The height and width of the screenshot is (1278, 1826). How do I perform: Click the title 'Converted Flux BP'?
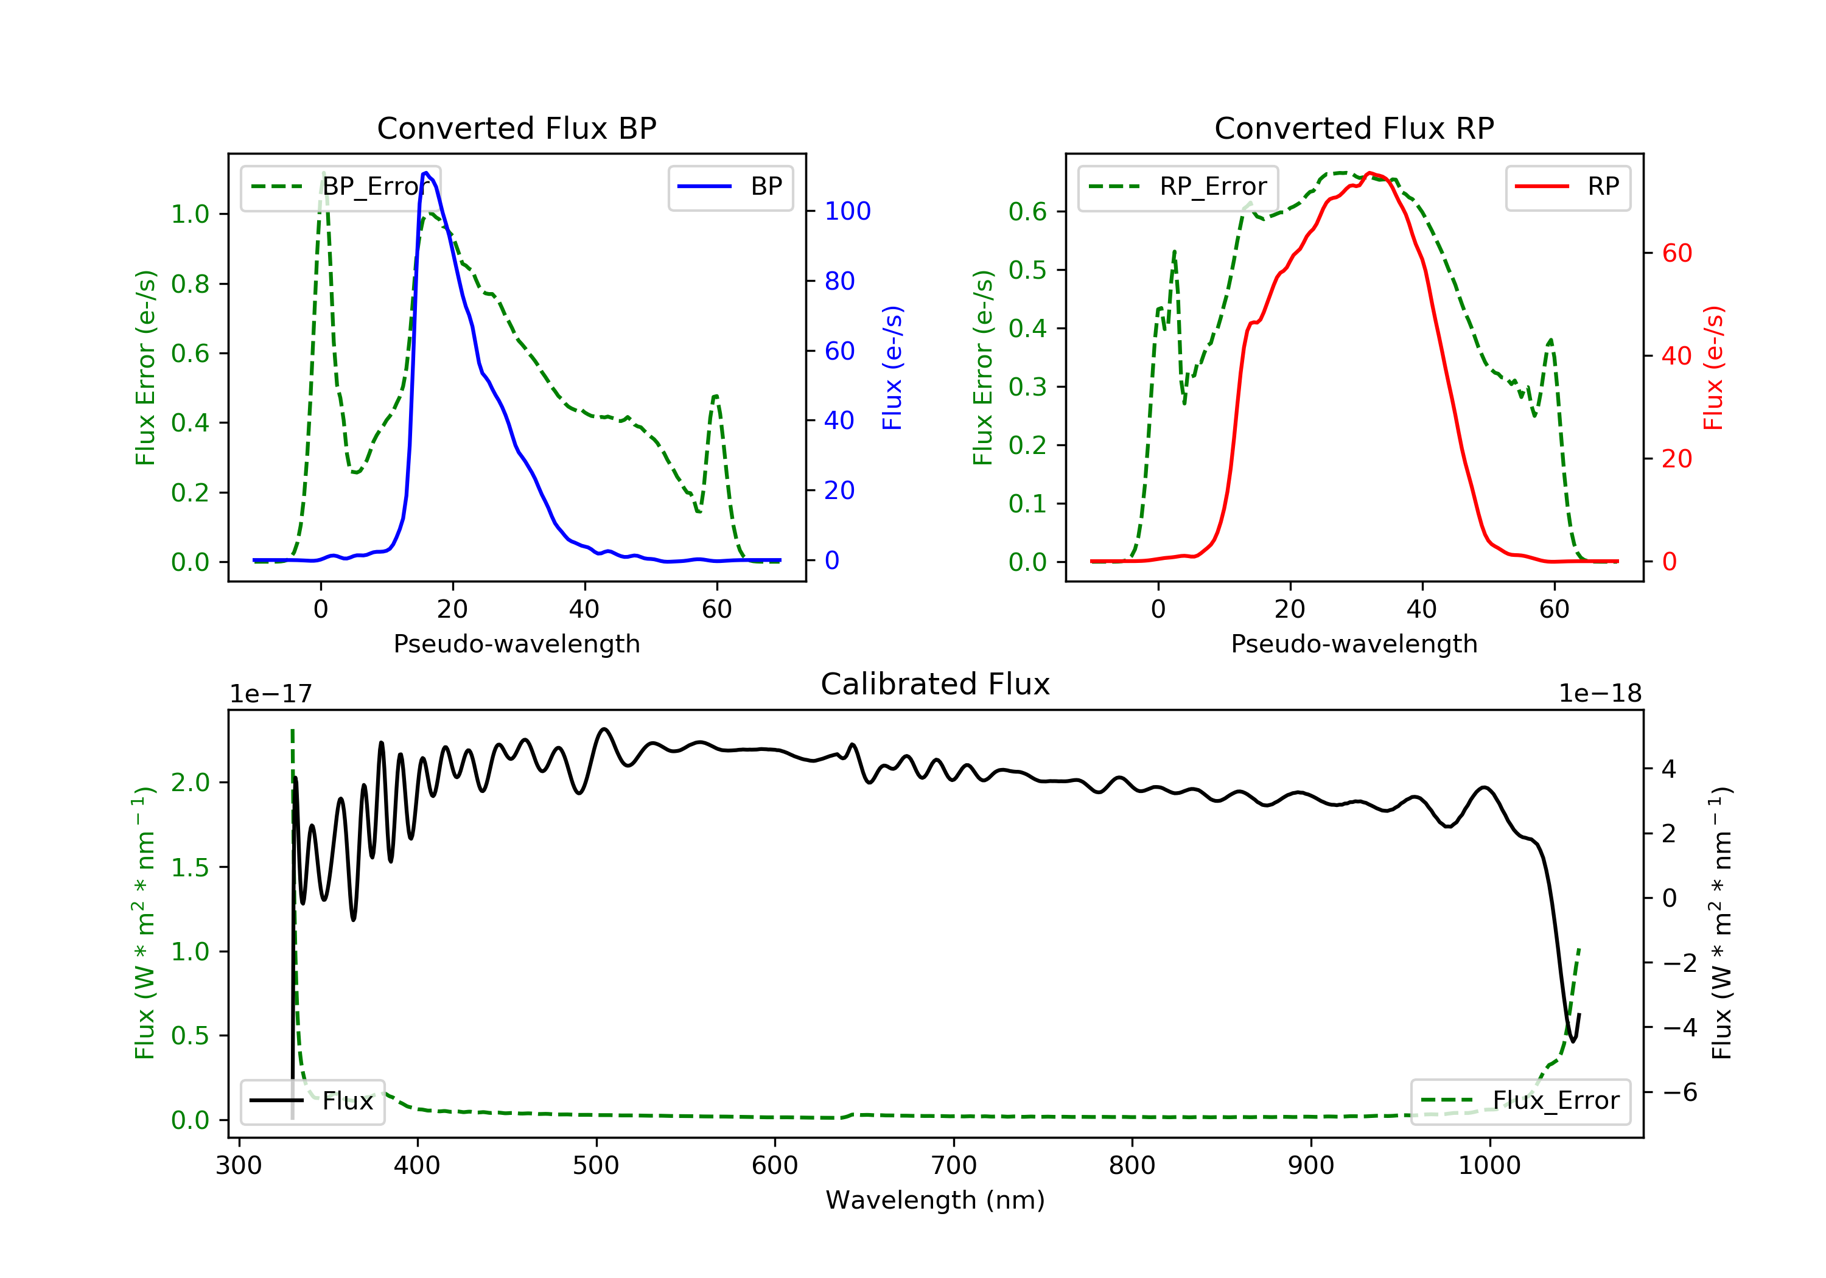516,128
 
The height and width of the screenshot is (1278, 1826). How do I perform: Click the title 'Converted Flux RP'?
1354,128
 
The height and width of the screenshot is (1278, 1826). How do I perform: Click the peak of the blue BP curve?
426,173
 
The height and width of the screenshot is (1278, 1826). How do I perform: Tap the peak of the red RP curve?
1369,173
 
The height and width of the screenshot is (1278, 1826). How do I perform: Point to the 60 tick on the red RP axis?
1676,253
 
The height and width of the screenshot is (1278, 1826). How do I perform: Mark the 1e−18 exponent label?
1600,694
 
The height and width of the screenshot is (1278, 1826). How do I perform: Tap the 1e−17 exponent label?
270,694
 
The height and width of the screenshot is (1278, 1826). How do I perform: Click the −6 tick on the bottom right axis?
1680,1092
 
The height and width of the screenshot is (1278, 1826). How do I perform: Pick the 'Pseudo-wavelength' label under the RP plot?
1354,643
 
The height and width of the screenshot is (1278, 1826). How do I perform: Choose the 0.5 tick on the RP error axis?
1027,270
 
